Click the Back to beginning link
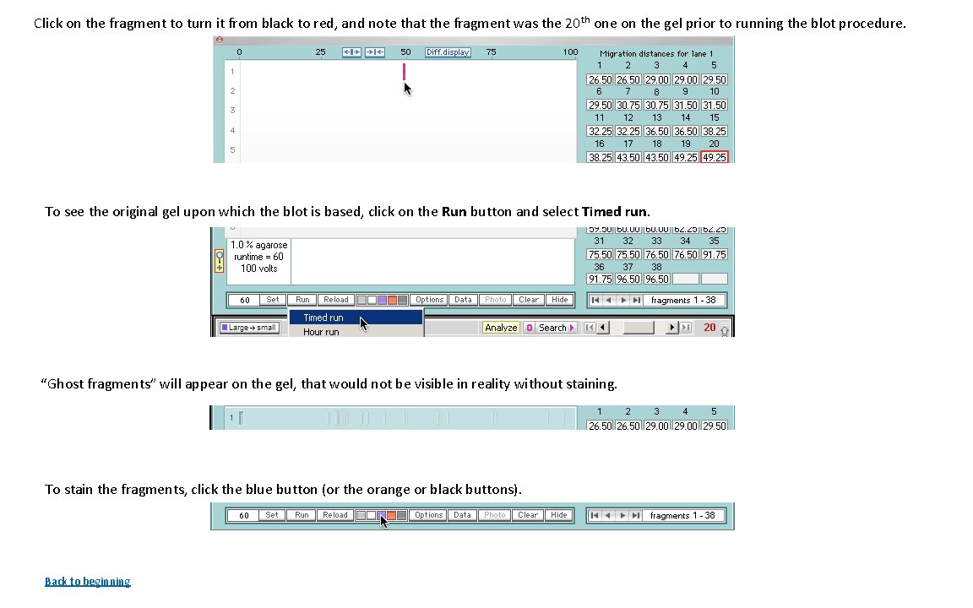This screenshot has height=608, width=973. [87, 581]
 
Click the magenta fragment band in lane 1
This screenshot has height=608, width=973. [404, 72]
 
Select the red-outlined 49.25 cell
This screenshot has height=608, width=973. [714, 157]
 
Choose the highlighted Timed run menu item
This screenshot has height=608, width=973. [323, 318]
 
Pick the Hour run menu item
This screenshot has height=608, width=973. [321, 332]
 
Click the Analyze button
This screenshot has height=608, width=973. [501, 328]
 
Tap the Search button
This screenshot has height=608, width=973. [552, 328]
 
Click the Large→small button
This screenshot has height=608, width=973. [249, 328]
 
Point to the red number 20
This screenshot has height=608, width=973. [709, 328]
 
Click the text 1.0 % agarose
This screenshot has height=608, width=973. [258, 245]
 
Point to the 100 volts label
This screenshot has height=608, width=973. [258, 269]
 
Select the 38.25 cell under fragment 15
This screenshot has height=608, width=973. [714, 131]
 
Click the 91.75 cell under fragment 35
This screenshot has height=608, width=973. [714, 254]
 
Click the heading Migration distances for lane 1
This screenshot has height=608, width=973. [656, 53]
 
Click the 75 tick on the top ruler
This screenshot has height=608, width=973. [491, 52]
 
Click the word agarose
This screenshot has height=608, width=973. [270, 245]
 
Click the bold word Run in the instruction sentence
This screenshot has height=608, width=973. [454, 212]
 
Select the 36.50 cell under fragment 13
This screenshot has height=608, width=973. [656, 131]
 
